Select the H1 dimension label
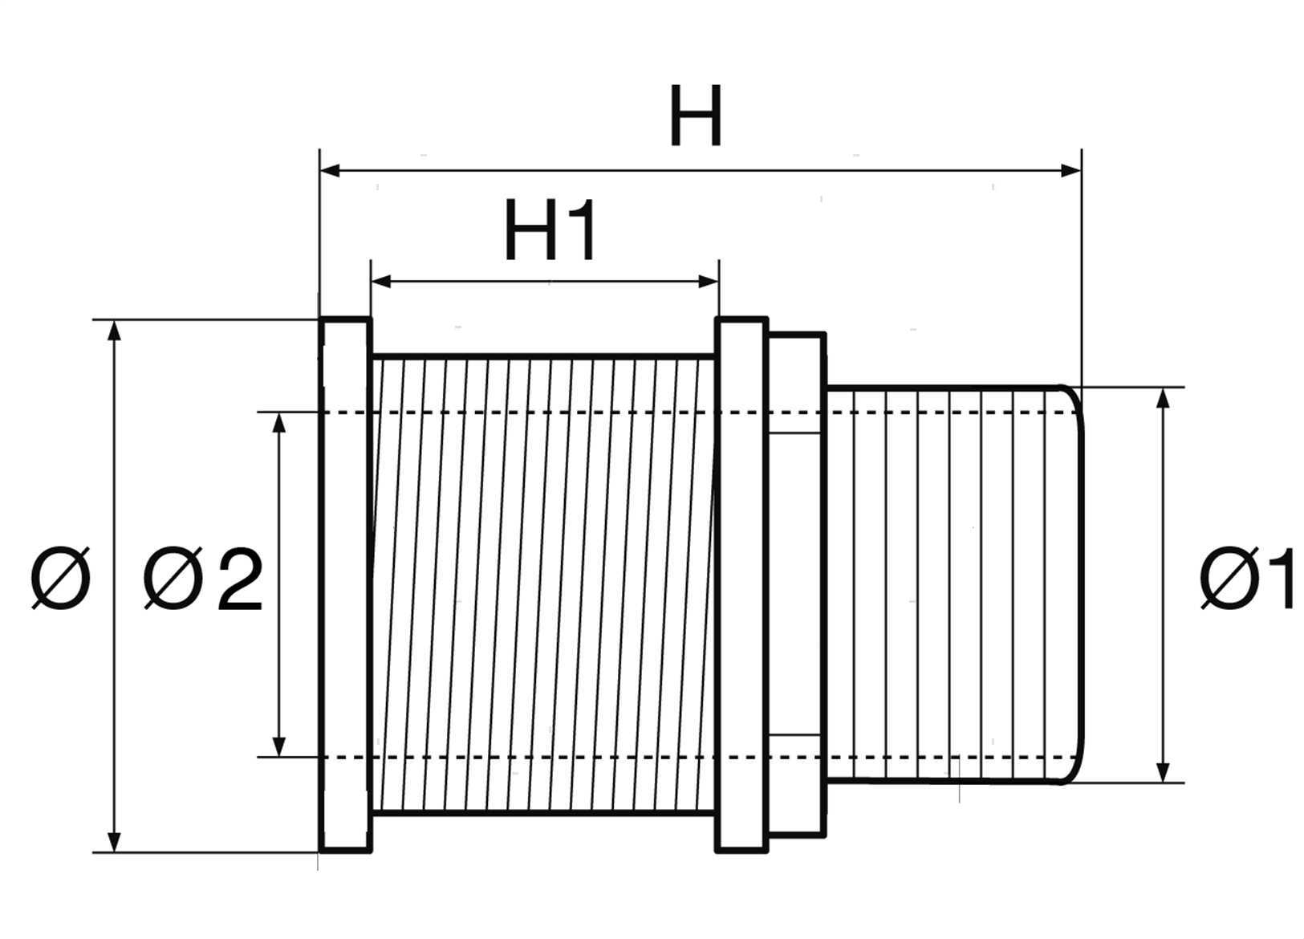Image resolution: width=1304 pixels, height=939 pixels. tap(550, 230)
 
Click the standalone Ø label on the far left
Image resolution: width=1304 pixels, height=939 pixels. tap(60, 578)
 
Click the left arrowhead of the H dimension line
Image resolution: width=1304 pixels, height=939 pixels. tap(330, 171)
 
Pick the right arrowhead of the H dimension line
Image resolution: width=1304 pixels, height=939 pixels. tap(1071, 171)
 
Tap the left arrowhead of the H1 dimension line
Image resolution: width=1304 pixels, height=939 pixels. tap(380, 283)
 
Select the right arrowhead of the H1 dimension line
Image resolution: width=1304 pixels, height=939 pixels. tap(709, 283)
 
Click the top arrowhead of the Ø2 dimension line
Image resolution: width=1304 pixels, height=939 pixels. tap(278, 422)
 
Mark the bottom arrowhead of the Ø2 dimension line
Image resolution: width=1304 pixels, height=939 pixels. tap(278, 747)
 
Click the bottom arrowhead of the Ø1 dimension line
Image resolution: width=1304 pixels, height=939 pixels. tap(1163, 772)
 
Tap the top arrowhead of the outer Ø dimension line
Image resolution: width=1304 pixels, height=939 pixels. tap(115, 330)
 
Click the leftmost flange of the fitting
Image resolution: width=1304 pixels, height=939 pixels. tap(346, 586)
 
